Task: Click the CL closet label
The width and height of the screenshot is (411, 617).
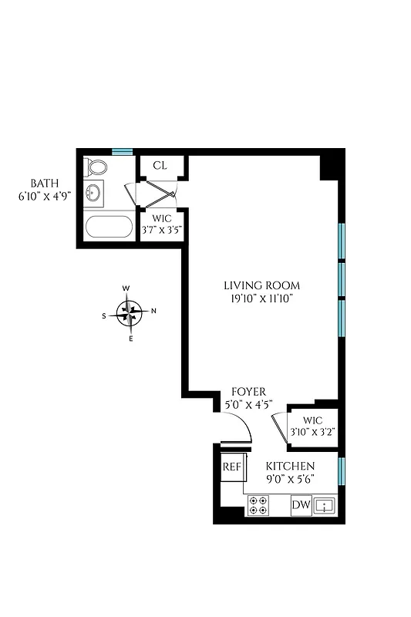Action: pyautogui.click(x=160, y=165)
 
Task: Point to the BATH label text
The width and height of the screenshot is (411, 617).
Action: pyautogui.click(x=43, y=183)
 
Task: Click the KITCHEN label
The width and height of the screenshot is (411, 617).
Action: pyautogui.click(x=290, y=466)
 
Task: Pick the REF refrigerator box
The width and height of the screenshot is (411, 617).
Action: pyautogui.click(x=232, y=467)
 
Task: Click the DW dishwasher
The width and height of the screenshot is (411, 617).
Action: pyautogui.click(x=300, y=506)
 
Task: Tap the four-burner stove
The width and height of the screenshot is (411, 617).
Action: pyautogui.click(x=258, y=506)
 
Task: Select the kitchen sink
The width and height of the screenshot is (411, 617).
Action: pyautogui.click(x=325, y=506)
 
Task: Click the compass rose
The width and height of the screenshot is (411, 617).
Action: pyautogui.click(x=130, y=312)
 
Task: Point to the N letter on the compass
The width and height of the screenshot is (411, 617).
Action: pyautogui.click(x=153, y=312)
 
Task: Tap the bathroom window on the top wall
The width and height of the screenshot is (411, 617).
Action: pyautogui.click(x=122, y=151)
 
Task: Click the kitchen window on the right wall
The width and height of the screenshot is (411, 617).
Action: pyautogui.click(x=341, y=470)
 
